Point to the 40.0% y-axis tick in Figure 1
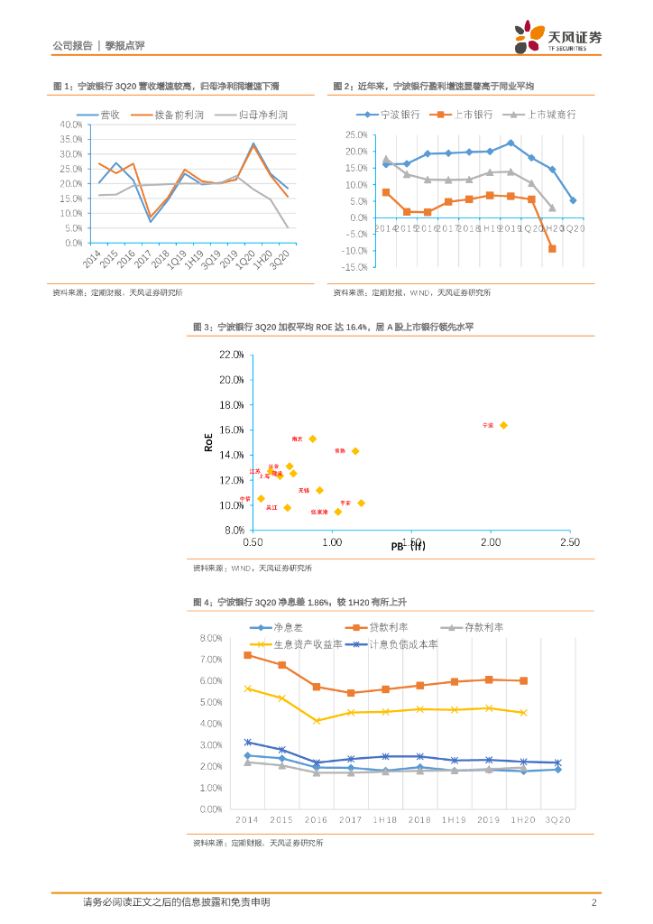[x=70, y=125]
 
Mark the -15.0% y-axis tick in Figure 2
[x=354, y=267]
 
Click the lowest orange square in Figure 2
[x=552, y=249]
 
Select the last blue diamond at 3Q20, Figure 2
[x=573, y=200]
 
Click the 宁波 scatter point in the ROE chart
[x=503, y=425]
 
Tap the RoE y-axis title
[x=209, y=441]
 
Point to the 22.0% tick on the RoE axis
[x=232, y=355]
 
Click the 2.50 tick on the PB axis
[x=569, y=542]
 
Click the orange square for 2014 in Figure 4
[x=247, y=655]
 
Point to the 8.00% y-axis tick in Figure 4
[x=210, y=638]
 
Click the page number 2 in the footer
[x=594, y=902]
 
